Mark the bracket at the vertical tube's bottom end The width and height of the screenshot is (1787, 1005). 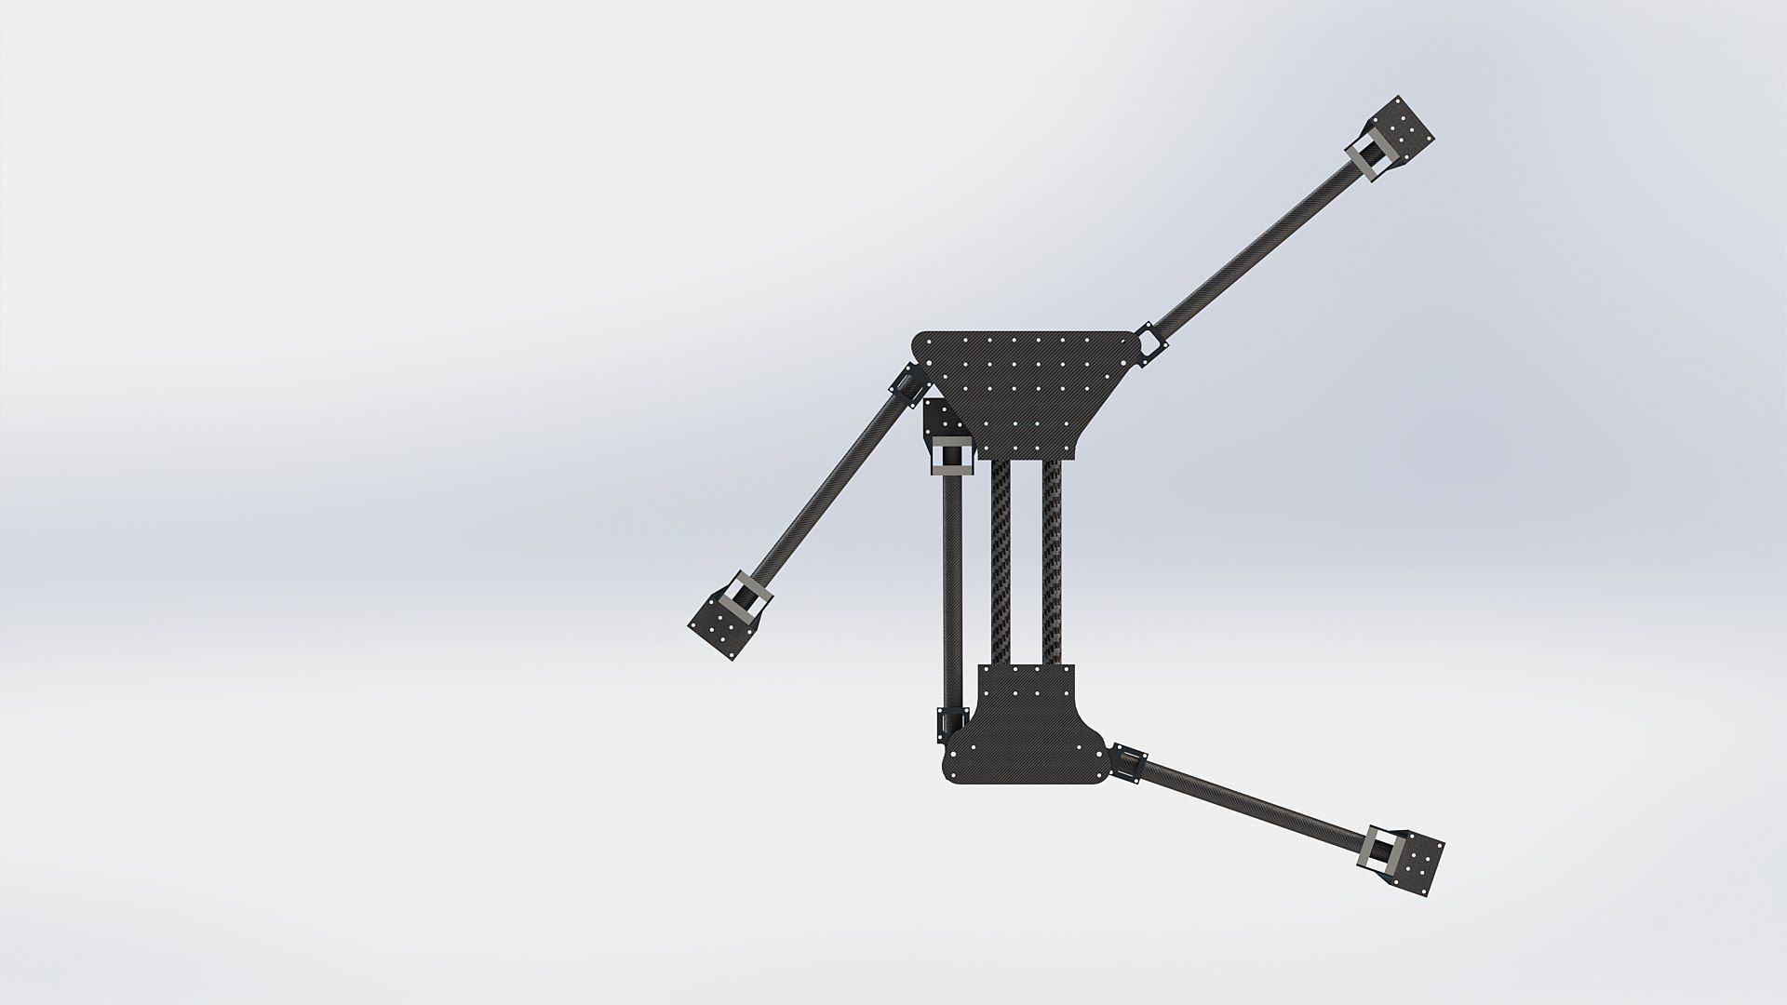click(x=951, y=721)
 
